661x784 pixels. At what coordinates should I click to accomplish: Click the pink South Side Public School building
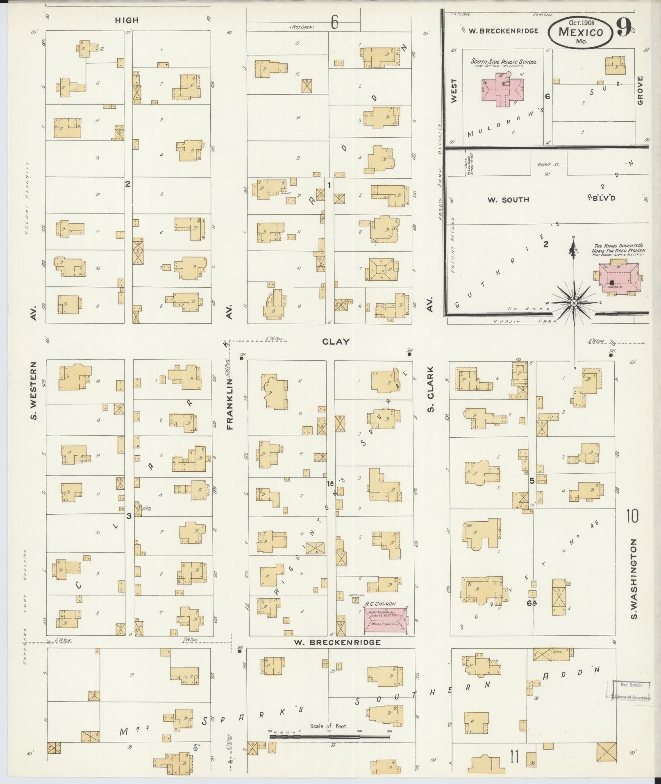(x=502, y=91)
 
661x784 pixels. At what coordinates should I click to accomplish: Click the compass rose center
(x=574, y=303)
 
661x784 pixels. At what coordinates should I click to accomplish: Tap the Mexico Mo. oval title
(x=581, y=33)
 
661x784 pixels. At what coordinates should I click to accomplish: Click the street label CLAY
(x=336, y=341)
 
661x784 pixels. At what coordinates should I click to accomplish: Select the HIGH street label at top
(x=126, y=20)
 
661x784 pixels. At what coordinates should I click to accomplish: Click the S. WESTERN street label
(x=34, y=390)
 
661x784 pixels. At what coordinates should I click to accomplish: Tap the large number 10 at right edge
(x=632, y=516)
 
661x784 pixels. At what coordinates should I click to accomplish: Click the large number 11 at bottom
(x=514, y=756)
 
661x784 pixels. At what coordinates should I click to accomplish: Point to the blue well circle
(x=195, y=748)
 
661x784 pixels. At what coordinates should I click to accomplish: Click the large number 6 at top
(x=334, y=23)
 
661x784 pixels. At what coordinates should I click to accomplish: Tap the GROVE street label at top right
(x=641, y=90)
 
